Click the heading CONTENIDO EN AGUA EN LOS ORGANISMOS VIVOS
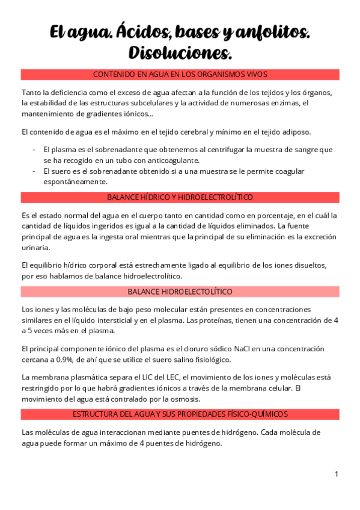(x=180, y=74)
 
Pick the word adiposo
(x=311, y=131)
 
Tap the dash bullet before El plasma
(x=34, y=149)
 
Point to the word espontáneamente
(x=76, y=182)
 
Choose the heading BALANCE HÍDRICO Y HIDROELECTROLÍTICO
(x=180, y=197)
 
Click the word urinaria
(x=36, y=247)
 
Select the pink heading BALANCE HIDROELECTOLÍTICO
(x=180, y=291)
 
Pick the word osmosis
(x=185, y=399)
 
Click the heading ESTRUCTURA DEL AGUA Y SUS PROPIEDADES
(x=180, y=414)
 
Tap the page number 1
(x=337, y=475)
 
